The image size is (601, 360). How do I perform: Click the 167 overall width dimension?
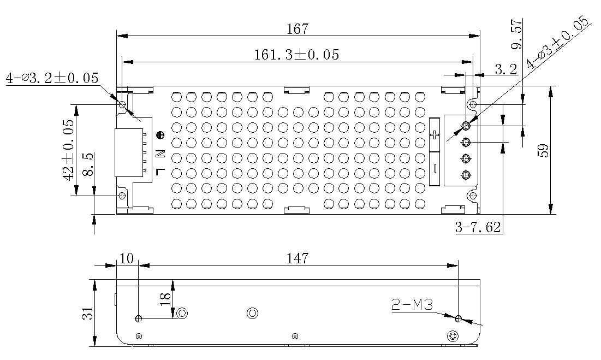[297, 28]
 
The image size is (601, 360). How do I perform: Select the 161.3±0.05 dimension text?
[296, 55]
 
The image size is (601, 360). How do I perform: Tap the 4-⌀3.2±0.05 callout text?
[52, 78]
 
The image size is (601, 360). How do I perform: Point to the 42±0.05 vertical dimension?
[68, 150]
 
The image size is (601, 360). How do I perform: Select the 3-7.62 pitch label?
[478, 228]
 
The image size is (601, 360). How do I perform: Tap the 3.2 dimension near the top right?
[505, 69]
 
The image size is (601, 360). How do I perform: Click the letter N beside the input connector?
[160, 154]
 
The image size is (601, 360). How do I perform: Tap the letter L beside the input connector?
[160, 170]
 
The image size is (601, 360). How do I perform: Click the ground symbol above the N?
[160, 135]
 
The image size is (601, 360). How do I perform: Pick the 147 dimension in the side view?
[298, 258]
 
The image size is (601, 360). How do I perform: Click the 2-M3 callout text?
[412, 305]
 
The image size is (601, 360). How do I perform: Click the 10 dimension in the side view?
[127, 258]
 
